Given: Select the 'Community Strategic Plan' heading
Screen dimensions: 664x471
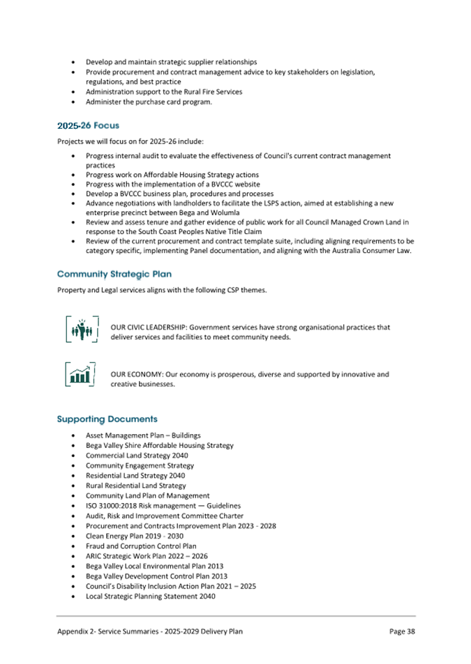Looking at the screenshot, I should [x=114, y=274].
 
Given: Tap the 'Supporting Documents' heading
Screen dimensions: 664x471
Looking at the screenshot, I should [x=107, y=419].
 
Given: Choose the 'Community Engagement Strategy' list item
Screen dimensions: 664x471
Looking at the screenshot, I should [x=140, y=465].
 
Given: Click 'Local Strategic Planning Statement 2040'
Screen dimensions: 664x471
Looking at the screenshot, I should [x=150, y=596].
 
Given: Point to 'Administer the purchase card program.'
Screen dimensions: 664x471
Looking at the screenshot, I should [x=149, y=102].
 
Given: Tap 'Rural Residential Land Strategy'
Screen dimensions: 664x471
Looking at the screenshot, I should [x=136, y=486].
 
